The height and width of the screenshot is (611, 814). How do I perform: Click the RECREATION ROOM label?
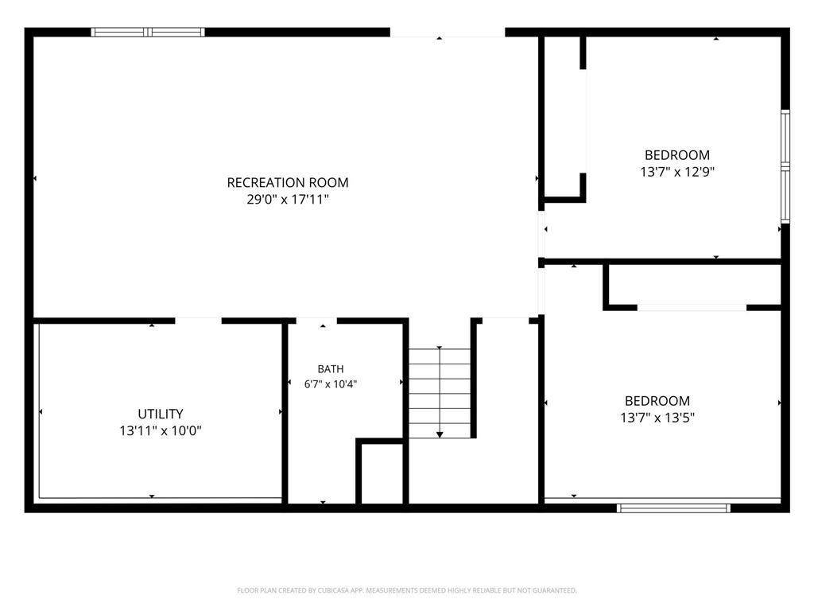[288, 182]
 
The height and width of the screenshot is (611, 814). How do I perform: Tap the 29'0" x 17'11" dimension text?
[288, 199]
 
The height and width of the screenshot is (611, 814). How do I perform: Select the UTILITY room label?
[161, 414]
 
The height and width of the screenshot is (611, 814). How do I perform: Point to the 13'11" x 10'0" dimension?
[161, 430]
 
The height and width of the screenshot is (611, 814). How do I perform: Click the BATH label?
[331, 369]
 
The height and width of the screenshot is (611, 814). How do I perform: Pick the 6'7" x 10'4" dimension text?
[331, 384]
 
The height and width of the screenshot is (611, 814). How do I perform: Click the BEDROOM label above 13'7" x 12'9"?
[677, 155]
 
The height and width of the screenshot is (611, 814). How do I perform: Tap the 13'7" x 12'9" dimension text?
[677, 172]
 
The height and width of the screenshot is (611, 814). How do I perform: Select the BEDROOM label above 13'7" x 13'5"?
[657, 401]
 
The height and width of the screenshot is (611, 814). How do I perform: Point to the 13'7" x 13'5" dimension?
[657, 417]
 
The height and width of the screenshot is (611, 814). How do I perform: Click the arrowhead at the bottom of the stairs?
[440, 434]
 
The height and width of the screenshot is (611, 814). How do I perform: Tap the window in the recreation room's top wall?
[148, 32]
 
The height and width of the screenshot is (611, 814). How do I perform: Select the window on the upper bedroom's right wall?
[785, 166]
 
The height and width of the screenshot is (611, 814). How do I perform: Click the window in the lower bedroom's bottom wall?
[674, 508]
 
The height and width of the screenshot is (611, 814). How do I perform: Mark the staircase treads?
[440, 393]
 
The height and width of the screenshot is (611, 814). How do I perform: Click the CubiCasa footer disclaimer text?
[407, 590]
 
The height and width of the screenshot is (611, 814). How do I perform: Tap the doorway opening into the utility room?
[198, 321]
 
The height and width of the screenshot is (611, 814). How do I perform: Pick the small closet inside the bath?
[382, 473]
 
